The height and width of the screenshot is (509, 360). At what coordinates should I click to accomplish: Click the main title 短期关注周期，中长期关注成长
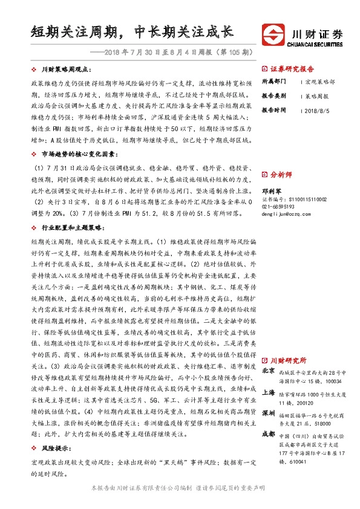click(x=133, y=31)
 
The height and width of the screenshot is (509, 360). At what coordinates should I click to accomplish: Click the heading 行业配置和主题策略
click(x=71, y=212)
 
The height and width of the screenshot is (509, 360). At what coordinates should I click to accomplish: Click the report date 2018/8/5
click(x=316, y=111)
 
